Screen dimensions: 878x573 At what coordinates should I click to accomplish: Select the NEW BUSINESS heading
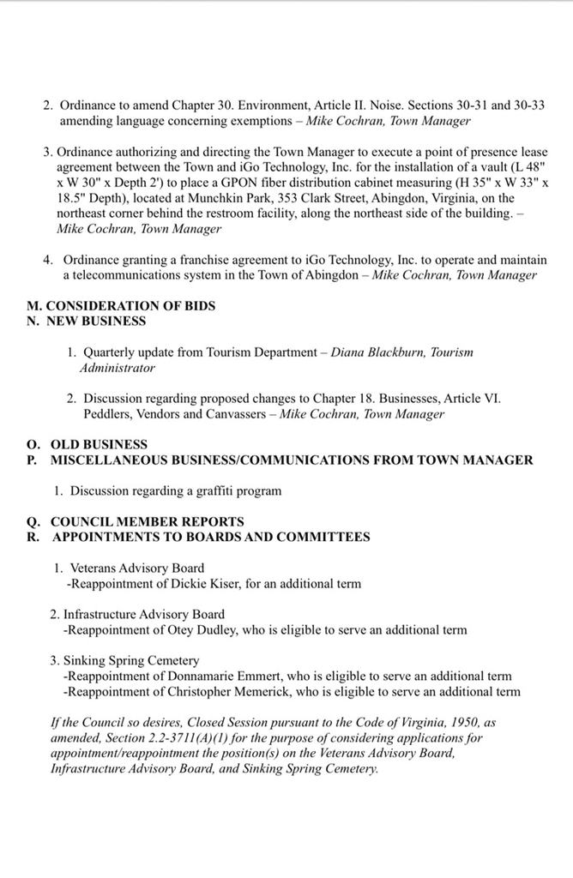95,322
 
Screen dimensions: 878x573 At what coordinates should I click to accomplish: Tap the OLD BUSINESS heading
99,445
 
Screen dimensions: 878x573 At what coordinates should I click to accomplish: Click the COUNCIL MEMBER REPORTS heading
147,521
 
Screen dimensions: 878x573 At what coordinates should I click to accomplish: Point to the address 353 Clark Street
309,198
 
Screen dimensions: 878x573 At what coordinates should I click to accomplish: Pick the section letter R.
32,537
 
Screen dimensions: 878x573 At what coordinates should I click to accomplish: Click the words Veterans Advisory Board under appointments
137,568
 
